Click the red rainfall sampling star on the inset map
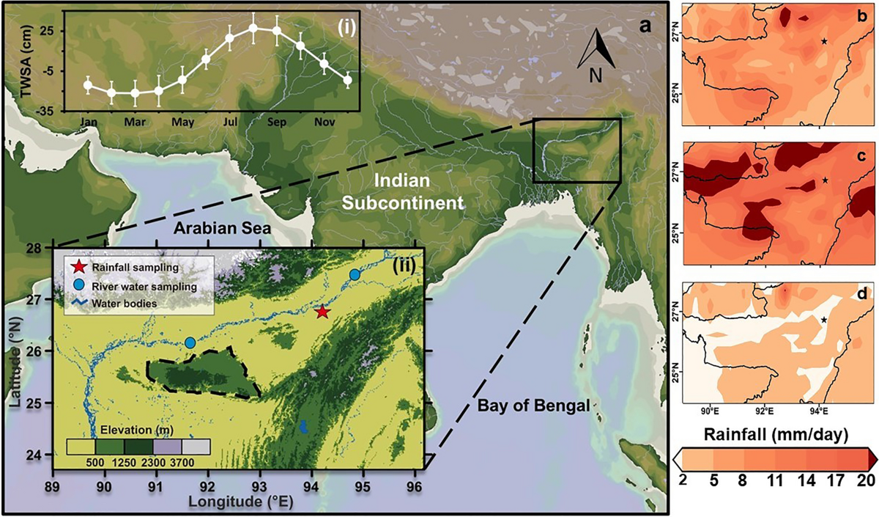point(323,312)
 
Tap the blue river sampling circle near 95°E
point(355,274)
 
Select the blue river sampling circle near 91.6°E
point(190,342)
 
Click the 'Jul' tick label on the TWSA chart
point(229,122)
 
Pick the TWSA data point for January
point(88,85)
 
